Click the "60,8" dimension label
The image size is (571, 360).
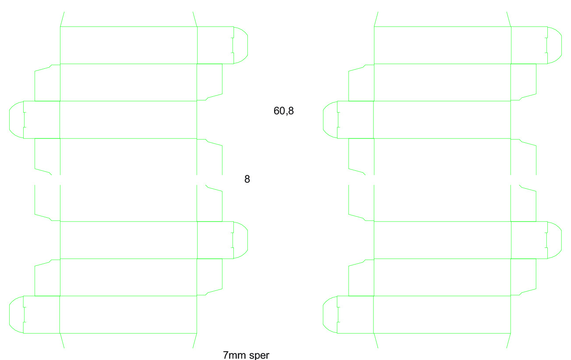coord(283,111)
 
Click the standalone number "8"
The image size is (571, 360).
coord(247,179)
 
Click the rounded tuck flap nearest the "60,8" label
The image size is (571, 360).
coord(324,120)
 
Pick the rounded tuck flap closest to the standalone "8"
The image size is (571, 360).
coord(247,240)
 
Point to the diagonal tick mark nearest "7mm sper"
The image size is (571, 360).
coord(195,341)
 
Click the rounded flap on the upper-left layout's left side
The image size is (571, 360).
coord(10,120)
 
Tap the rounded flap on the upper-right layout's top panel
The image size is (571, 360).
coord(561,45)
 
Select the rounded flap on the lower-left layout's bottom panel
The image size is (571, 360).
coord(10,314)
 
